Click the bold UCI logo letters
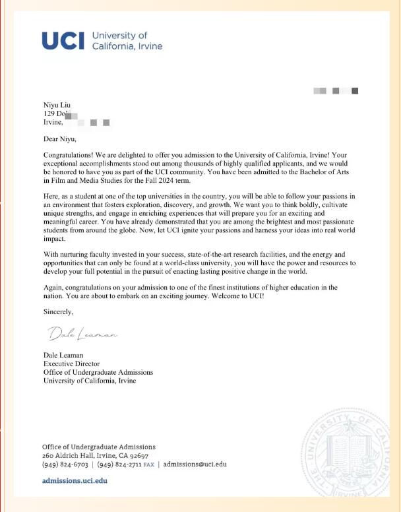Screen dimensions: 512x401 63,41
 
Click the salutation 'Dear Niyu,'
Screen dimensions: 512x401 60,139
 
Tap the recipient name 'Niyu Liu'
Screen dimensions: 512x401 57,105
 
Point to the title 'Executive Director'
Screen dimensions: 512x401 71,364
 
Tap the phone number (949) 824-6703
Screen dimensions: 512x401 65,464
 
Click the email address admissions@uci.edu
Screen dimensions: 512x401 195,464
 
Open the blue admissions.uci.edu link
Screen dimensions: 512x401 74,481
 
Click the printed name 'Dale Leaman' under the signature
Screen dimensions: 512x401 63,355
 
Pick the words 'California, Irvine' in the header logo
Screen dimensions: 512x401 127,46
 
